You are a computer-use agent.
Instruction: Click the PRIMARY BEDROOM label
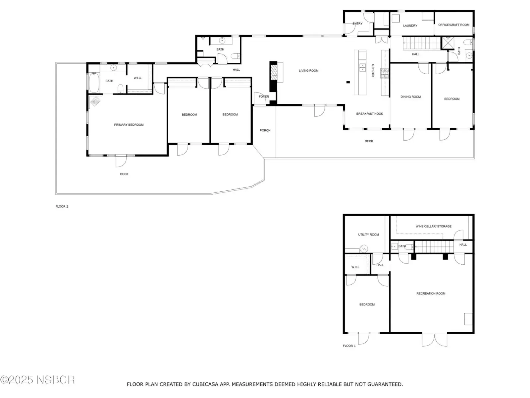pos(129,125)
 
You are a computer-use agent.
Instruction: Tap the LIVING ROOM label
pos(308,71)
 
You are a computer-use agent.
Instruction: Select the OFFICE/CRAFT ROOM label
pos(453,25)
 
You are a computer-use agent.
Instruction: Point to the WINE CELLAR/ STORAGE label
pos(433,226)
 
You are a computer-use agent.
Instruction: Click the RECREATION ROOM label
pos(431,294)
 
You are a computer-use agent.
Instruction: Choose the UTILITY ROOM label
pos(368,234)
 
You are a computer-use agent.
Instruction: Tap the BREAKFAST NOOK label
pos(369,113)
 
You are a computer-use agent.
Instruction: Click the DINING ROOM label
pos(410,97)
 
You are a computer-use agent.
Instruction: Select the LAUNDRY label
pos(410,26)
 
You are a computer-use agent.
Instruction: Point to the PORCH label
pos(265,130)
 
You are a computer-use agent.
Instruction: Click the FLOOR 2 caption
pos(62,206)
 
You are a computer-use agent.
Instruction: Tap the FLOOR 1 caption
pos(349,346)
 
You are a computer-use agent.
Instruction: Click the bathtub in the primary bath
pos(94,83)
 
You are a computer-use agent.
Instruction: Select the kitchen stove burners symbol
pos(384,73)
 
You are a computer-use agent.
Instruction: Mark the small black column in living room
pos(348,82)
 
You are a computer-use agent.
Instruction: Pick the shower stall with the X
pos(448,43)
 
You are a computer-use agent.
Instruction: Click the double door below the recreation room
pos(434,340)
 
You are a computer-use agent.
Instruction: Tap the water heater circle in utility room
pos(364,248)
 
